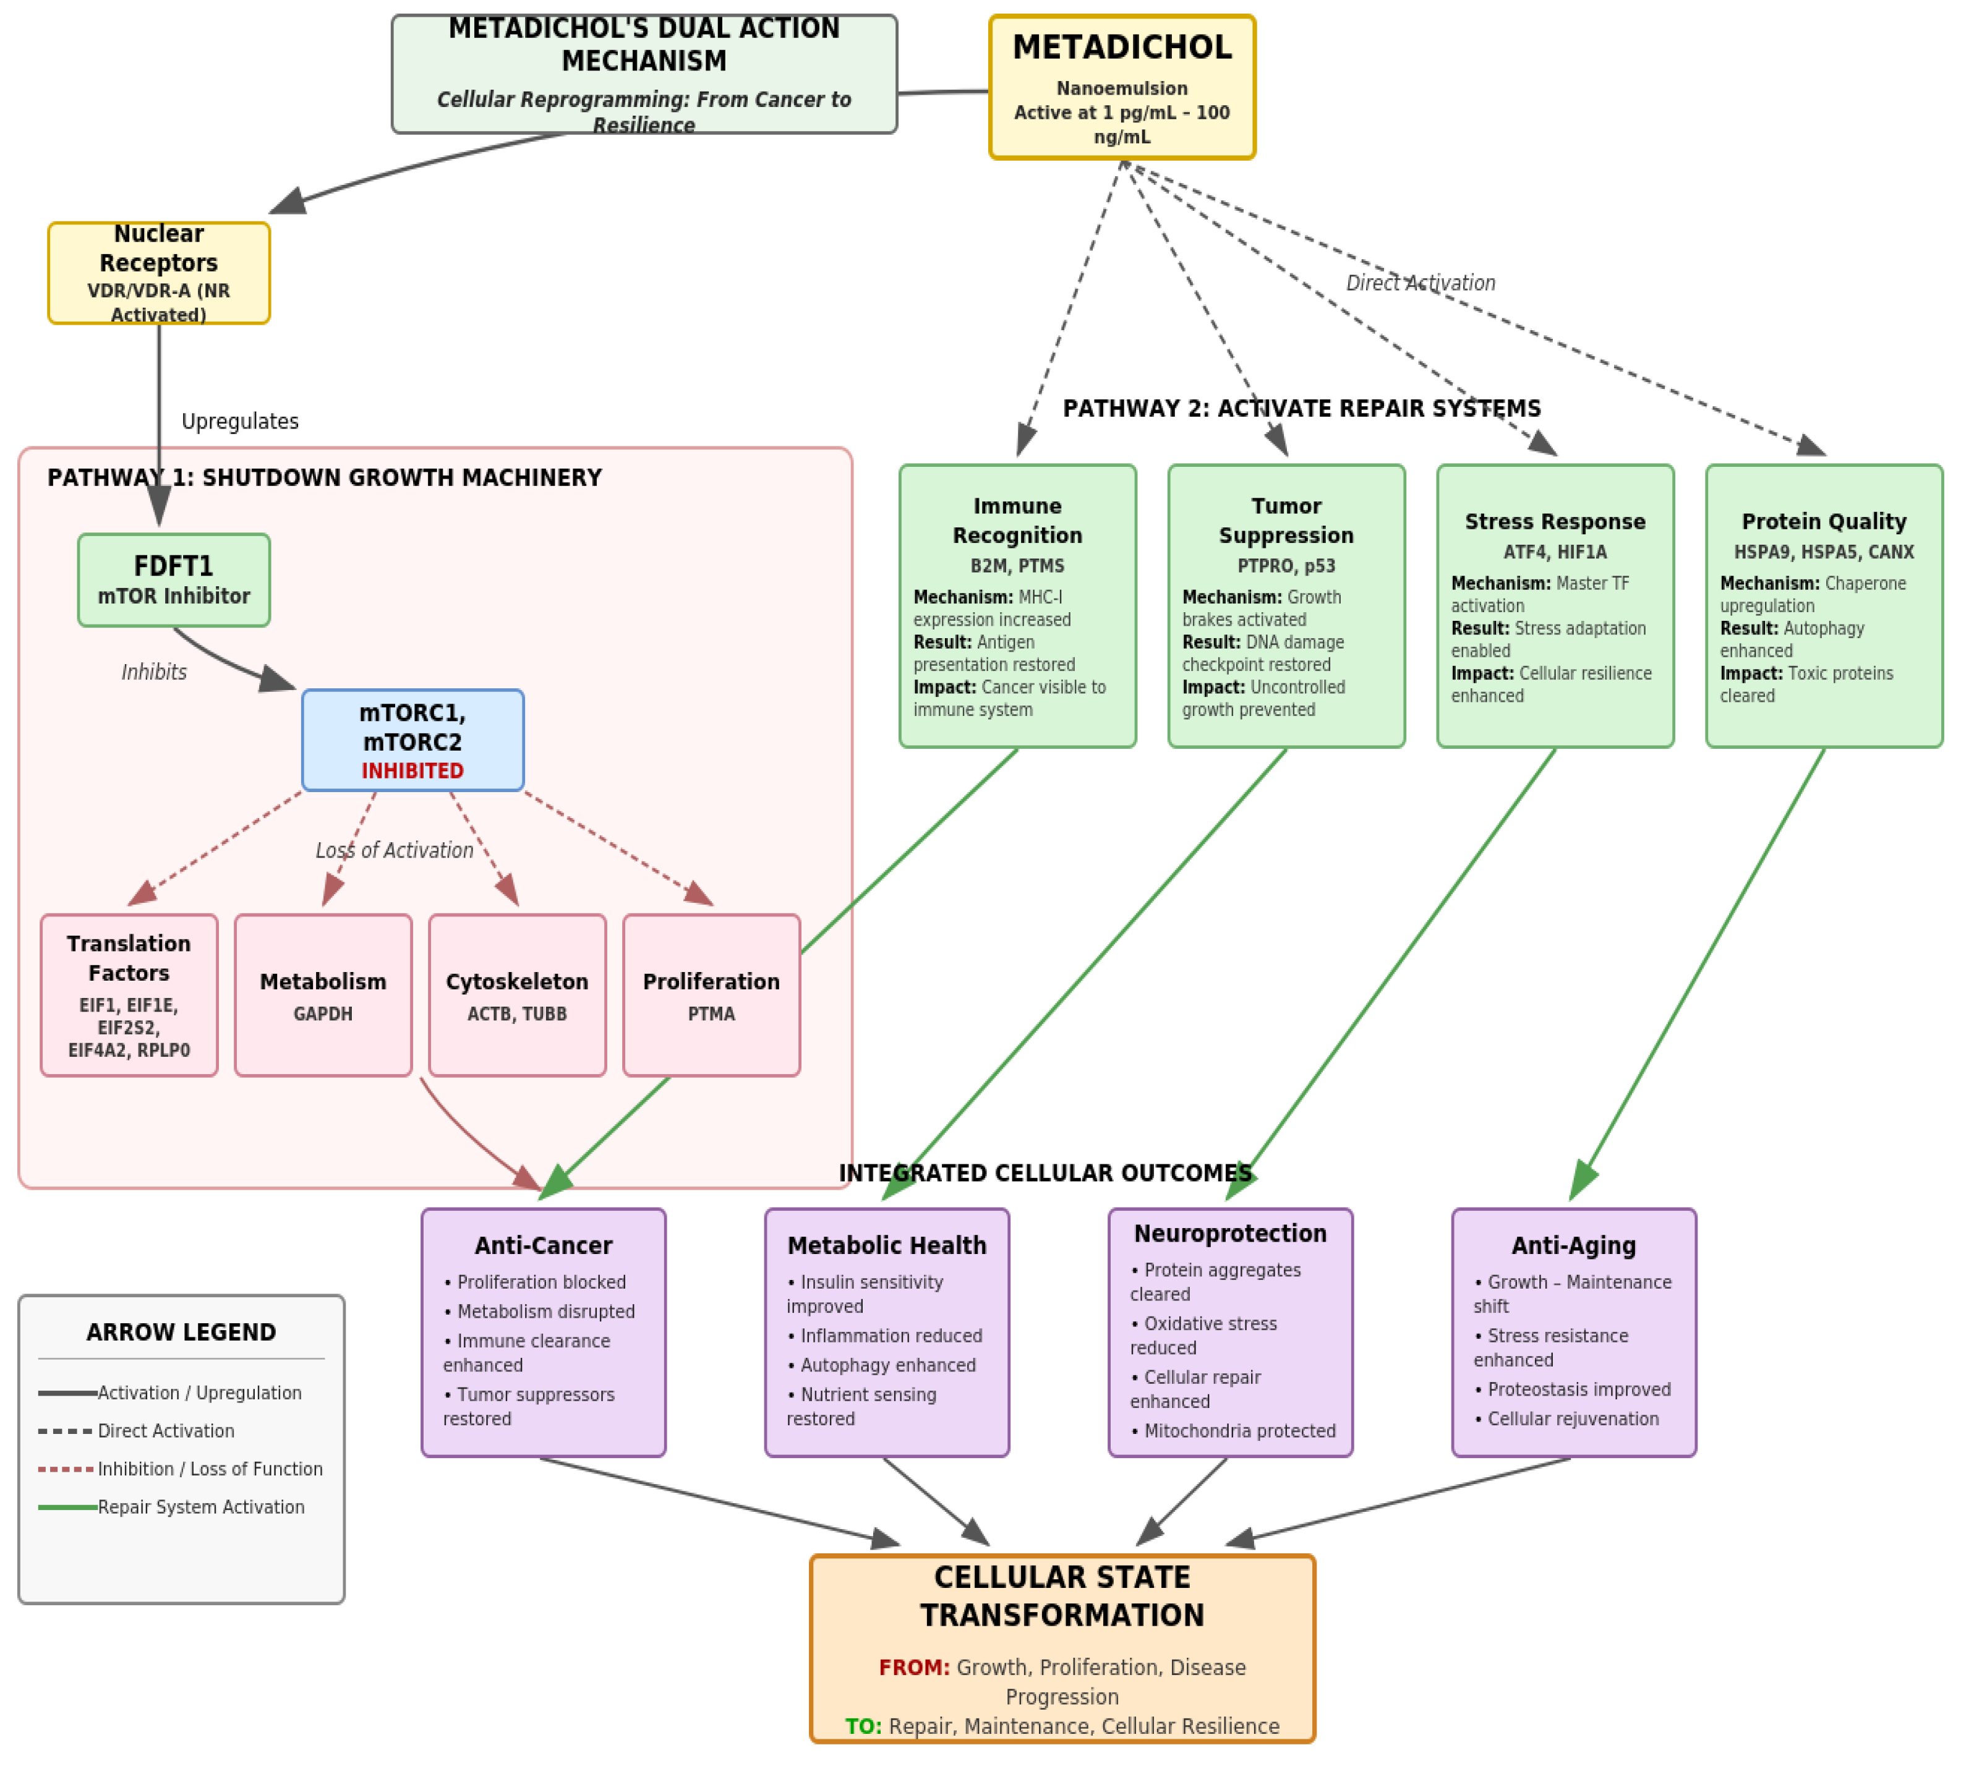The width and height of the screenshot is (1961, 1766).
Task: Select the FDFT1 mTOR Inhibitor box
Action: [x=174, y=579]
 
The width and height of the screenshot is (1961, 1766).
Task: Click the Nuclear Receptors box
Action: [x=158, y=273]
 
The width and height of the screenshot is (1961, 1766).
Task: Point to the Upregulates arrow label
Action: [x=240, y=421]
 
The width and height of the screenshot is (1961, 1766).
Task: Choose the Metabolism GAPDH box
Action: [x=323, y=994]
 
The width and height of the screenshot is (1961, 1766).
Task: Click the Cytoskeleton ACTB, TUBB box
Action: [x=517, y=994]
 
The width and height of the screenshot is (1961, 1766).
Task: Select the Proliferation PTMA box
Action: [x=711, y=994]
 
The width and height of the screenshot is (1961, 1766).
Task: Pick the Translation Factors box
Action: [x=129, y=994]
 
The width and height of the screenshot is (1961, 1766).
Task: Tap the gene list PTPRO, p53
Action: [x=1286, y=566]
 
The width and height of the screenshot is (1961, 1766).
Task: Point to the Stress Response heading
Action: [x=1555, y=521]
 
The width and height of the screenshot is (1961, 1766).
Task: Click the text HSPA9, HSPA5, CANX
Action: [x=1823, y=552]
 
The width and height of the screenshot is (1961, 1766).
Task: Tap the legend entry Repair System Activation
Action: [x=201, y=1507]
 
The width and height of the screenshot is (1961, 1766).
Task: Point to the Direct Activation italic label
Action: [x=1419, y=283]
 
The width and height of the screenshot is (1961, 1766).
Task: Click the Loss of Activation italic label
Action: [x=394, y=850]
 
